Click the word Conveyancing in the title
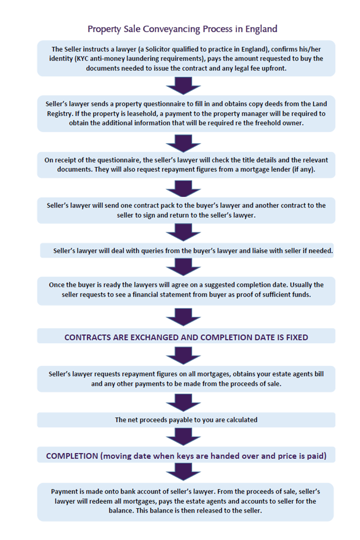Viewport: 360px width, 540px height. [x=171, y=29]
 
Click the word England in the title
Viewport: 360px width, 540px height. [x=261, y=29]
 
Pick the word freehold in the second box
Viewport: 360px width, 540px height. [x=266, y=123]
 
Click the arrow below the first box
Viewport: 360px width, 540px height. [x=183, y=86]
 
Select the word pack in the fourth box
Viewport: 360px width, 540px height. [x=176, y=205]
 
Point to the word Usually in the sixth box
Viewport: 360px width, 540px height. [x=301, y=285]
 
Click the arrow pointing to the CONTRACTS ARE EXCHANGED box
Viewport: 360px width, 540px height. [x=183, y=317]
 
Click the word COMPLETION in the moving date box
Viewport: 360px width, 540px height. [x=72, y=456]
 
